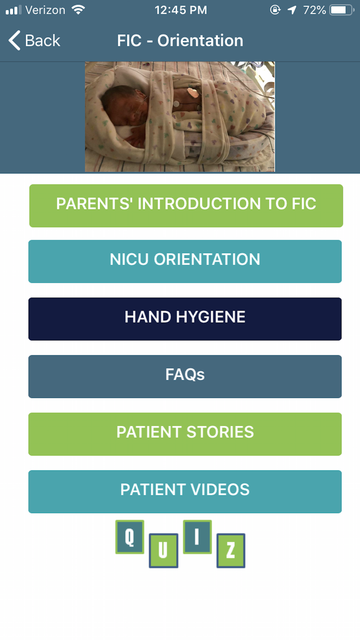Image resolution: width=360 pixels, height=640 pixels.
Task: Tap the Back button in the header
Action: coord(34,40)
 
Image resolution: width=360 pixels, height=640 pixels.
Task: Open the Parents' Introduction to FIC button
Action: coord(186,206)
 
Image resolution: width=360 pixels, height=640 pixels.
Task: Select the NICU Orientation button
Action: coord(185,261)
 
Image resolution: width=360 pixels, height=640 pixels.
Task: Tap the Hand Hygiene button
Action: coord(185,319)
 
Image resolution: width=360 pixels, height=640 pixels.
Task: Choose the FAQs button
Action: coord(185,377)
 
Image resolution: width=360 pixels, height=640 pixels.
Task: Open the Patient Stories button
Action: coord(185,434)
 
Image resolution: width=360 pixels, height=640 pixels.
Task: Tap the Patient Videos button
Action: coord(185,492)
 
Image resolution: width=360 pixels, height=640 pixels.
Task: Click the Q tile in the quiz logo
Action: coord(130,537)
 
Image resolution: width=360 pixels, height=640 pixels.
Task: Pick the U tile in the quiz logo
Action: coord(163,551)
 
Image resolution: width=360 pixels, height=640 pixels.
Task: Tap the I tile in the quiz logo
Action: coord(197,537)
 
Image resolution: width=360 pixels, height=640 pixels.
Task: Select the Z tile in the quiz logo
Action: coord(231,551)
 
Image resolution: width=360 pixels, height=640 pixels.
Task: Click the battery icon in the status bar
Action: coord(342,10)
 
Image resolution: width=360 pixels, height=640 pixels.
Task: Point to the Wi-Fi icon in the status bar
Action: coord(78,10)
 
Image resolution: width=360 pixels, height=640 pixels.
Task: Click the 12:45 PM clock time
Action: coord(181,10)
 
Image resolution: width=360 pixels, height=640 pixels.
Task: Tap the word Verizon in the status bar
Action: coord(45,10)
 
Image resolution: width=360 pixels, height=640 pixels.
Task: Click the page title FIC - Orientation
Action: coord(180,40)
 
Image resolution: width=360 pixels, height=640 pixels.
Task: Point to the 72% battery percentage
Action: coord(314,10)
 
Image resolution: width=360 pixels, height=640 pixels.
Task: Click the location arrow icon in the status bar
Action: coord(292,10)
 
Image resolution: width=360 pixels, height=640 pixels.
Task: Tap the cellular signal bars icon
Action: coord(14,10)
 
